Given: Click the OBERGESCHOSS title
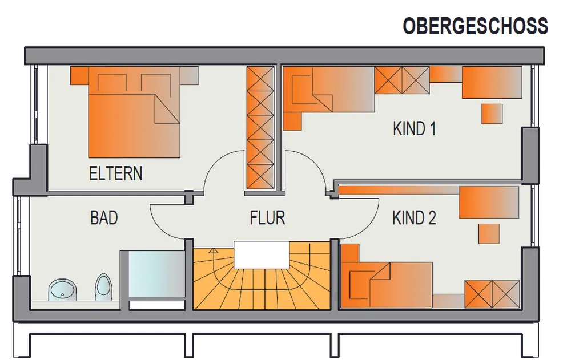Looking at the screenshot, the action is point(475,26).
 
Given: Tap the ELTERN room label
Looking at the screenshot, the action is point(116,173).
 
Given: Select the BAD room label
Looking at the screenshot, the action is point(104,218).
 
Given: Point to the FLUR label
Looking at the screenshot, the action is point(267,218).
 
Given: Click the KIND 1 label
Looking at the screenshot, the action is point(415,128).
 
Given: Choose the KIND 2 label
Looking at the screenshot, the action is point(414,218).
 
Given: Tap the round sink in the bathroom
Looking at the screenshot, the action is point(62,290).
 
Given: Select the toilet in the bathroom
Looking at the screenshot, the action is point(104,287).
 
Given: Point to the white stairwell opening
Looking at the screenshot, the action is point(261,255).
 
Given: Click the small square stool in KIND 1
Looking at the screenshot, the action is point(492,114).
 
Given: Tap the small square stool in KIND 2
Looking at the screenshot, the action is point(489,233).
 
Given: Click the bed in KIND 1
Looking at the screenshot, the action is point(329,89).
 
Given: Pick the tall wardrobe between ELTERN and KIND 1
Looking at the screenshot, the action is point(260,128).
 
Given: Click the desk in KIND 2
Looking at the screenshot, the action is point(489,203).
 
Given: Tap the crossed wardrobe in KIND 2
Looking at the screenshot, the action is point(492,294).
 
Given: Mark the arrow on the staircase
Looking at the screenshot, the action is point(214,251).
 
